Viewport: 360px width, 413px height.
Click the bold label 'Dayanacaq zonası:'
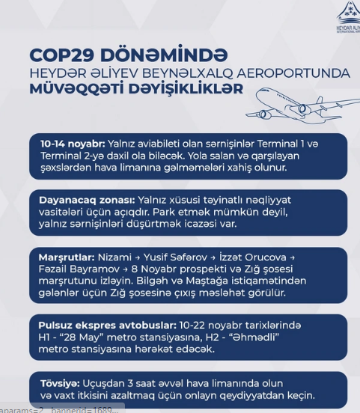click(x=86, y=201)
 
